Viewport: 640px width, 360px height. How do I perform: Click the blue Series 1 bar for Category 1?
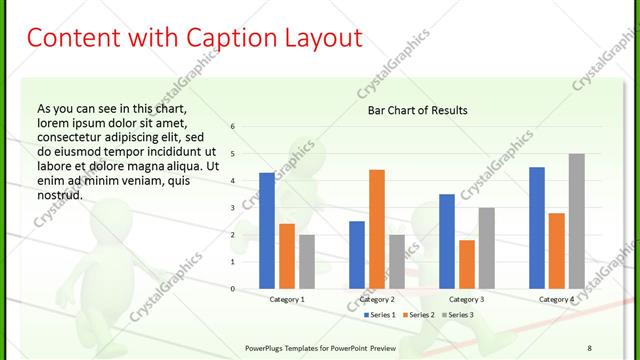pyautogui.click(x=267, y=231)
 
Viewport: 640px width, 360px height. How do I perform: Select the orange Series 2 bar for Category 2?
pyautogui.click(x=376, y=229)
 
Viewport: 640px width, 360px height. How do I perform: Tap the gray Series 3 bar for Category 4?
pyautogui.click(x=576, y=221)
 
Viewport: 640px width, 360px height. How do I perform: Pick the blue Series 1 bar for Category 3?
pyautogui.click(x=446, y=241)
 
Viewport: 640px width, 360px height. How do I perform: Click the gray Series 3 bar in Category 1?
pyautogui.click(x=306, y=262)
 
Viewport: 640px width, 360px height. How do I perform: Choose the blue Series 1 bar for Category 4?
pyautogui.click(x=537, y=228)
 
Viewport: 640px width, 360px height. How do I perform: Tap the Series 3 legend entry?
pyautogui.click(x=460, y=315)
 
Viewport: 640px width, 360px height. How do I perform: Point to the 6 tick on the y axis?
pyautogui.click(x=232, y=127)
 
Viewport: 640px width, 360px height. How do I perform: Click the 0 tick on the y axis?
pyautogui.click(x=232, y=289)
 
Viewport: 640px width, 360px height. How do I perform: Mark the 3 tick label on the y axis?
pyautogui.click(x=232, y=208)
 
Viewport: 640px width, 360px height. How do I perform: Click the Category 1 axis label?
pyautogui.click(x=287, y=299)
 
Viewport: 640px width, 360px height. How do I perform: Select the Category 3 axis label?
pyautogui.click(x=466, y=299)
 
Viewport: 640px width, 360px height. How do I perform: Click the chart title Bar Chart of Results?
pyautogui.click(x=411, y=110)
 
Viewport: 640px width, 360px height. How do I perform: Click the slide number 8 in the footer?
pyautogui.click(x=590, y=346)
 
